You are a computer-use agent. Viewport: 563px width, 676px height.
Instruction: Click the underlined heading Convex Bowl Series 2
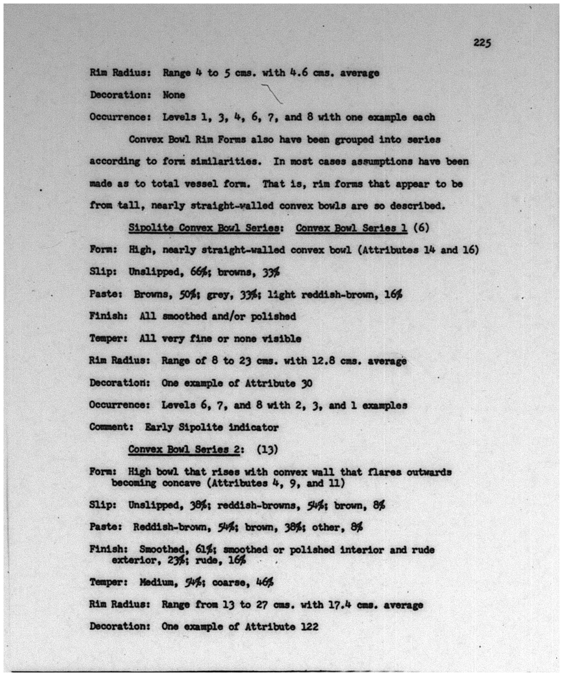[x=184, y=449]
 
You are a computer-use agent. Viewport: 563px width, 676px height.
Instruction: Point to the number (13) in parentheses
[x=267, y=449]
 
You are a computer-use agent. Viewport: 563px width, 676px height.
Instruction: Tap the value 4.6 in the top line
[x=298, y=73]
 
